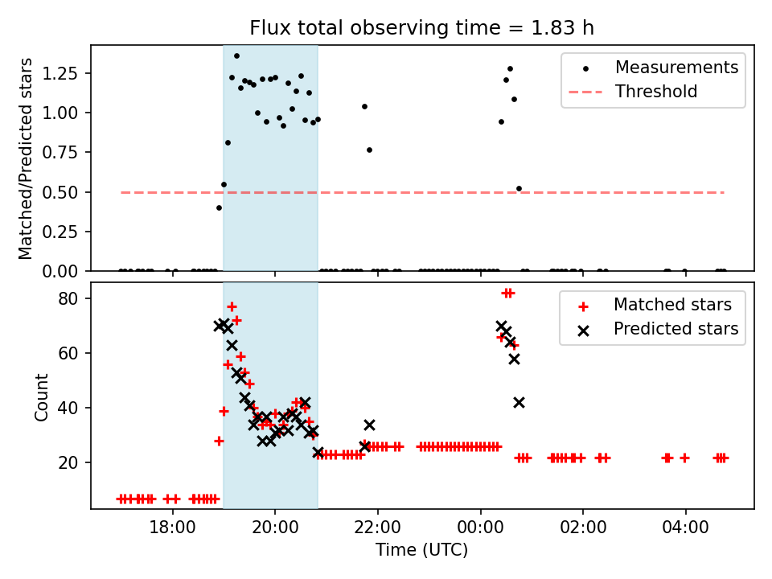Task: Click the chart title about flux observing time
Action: coord(422,28)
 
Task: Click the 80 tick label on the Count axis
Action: coord(72,298)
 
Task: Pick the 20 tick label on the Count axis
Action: coord(72,462)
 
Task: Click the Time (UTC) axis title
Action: coord(421,551)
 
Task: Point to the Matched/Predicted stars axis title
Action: coord(26,158)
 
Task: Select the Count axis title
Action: coord(42,396)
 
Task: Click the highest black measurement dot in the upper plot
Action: coord(236,55)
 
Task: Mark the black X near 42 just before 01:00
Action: coord(519,402)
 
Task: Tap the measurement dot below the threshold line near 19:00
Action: coord(219,207)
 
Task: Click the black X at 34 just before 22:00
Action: coord(369,425)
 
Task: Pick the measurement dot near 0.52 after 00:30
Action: coord(519,189)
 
